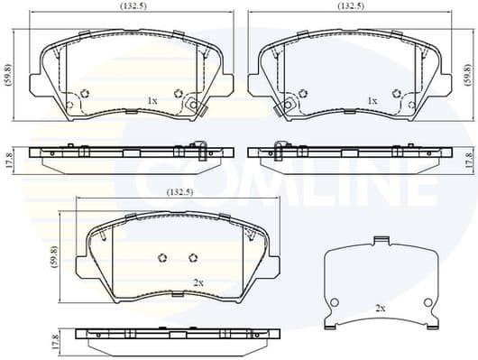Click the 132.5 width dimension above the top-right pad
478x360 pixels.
pos(350,5)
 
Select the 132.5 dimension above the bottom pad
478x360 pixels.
pos(177,192)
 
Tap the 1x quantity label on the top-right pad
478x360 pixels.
pos(372,100)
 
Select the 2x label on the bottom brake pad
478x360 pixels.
pos(198,282)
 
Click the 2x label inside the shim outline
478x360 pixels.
pos(380,309)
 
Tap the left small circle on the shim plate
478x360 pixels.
pos(335,301)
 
